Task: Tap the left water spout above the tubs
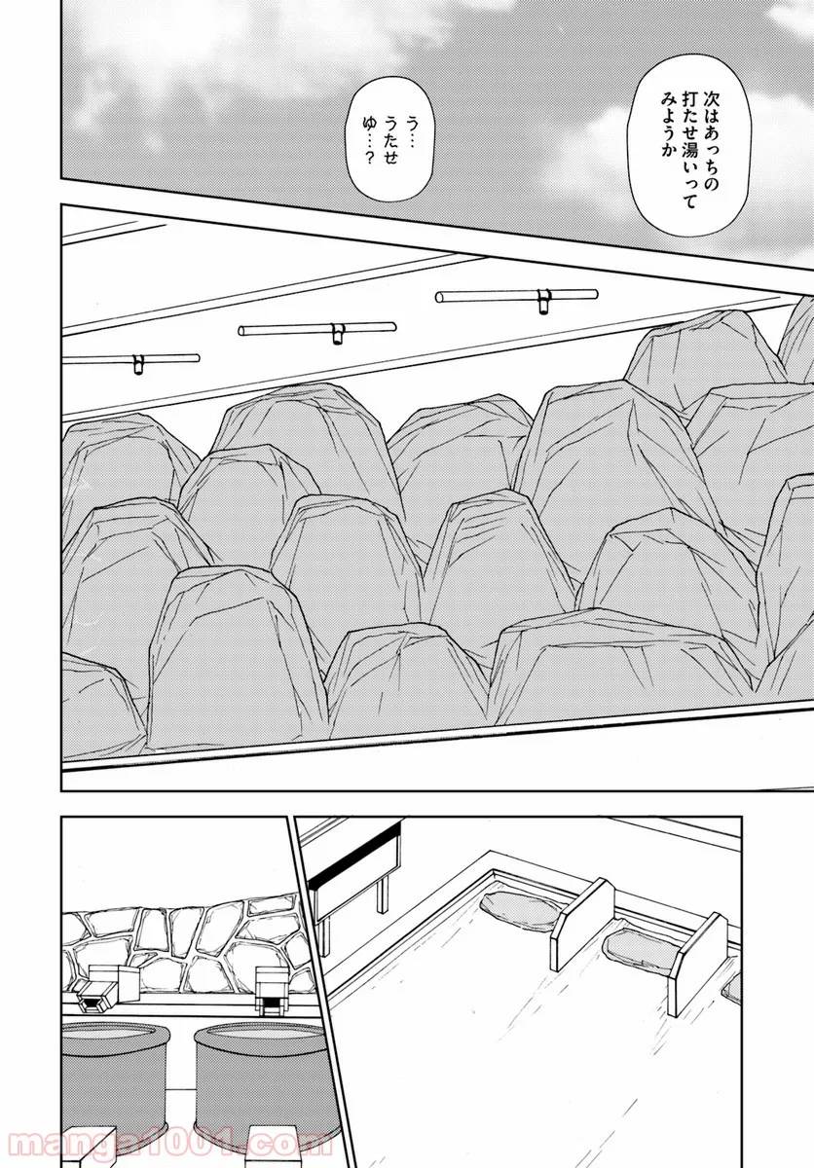[95, 990]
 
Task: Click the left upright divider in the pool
[583, 920]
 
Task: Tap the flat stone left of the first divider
[516, 911]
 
